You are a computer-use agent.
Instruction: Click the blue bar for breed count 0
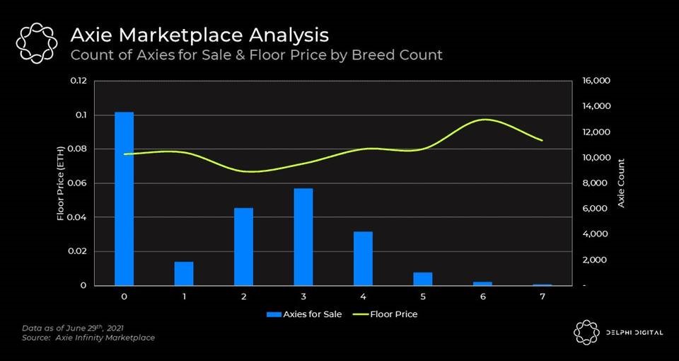[x=124, y=198]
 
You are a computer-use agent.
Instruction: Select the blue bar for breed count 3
[x=303, y=236]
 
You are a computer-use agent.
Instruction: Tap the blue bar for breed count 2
[x=243, y=246]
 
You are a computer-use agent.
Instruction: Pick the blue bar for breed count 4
[x=363, y=258]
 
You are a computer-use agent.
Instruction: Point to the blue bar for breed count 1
[x=184, y=273]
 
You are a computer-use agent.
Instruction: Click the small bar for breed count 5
[x=423, y=278]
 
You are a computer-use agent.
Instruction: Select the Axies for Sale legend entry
[x=304, y=314]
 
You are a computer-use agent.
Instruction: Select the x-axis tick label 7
[x=542, y=297]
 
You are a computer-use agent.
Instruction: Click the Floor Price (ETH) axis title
[x=61, y=183]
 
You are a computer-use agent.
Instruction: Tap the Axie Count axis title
[x=622, y=183]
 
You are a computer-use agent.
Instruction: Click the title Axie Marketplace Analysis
[x=199, y=34]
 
